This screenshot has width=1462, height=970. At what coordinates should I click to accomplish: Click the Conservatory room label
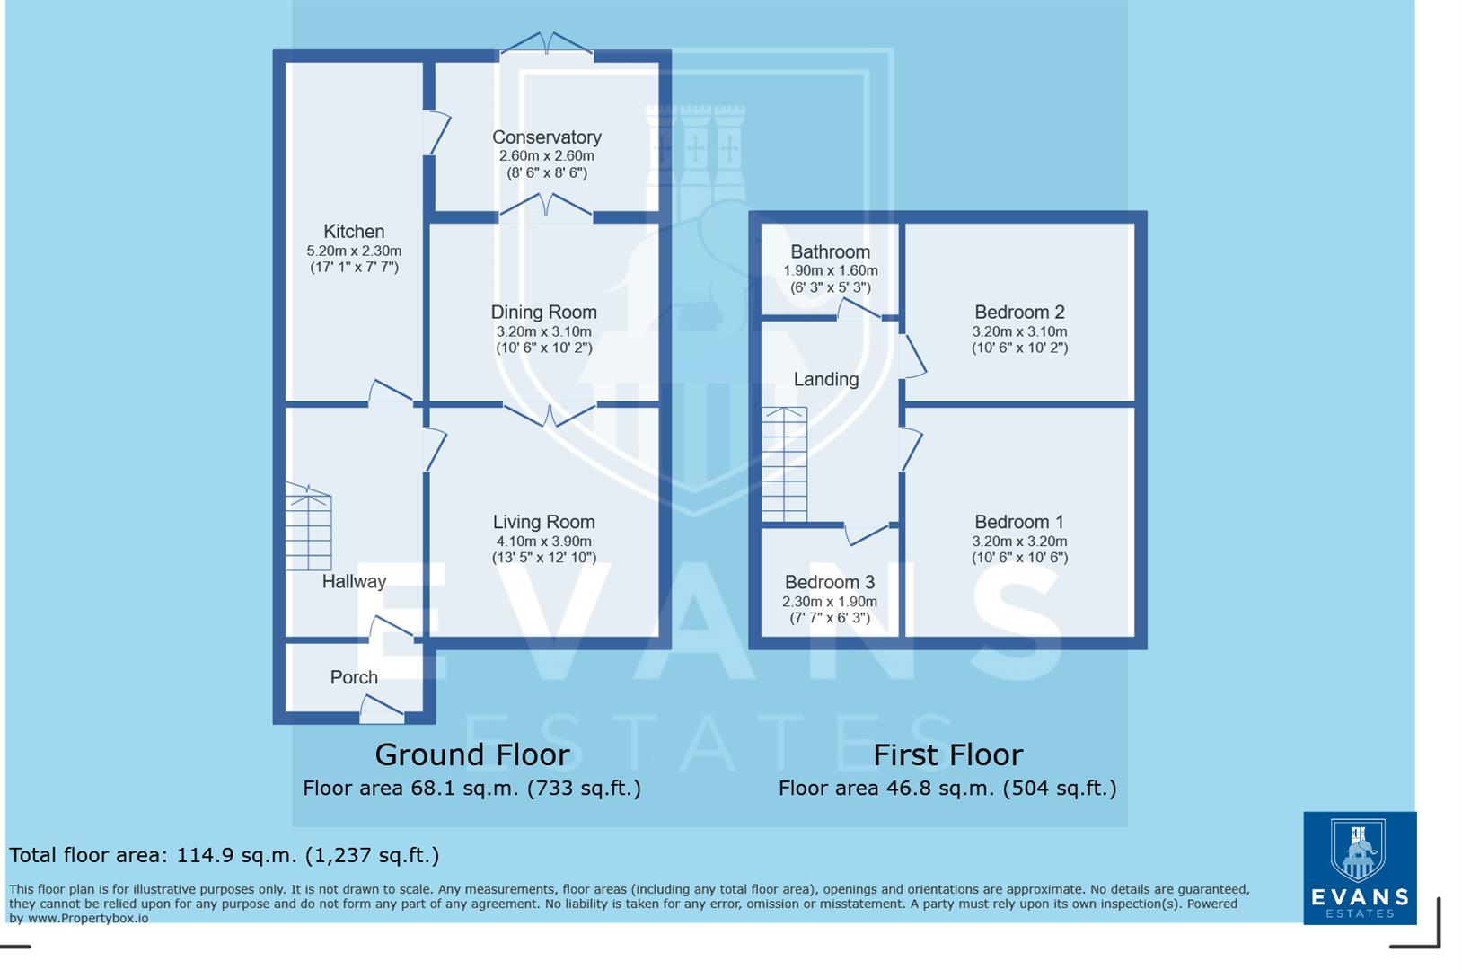click(546, 137)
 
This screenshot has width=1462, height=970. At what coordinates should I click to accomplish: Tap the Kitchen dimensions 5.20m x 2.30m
click(354, 251)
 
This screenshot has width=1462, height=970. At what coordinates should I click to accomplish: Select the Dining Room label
click(543, 313)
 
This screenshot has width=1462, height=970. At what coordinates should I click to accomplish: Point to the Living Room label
click(543, 522)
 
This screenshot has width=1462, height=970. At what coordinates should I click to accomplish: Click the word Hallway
click(354, 581)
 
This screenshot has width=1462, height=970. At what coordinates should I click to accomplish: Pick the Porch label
click(354, 677)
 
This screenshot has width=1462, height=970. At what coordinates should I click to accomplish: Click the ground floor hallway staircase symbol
click(308, 530)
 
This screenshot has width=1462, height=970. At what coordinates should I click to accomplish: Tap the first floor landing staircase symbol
click(784, 464)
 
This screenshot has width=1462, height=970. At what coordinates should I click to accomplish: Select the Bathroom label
click(830, 252)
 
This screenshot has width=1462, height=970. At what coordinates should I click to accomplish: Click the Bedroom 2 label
click(1019, 313)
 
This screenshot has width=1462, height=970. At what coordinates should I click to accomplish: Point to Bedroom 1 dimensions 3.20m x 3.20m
click(1019, 542)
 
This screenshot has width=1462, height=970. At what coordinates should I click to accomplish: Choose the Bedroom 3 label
click(829, 582)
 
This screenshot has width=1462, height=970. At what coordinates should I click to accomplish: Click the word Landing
click(825, 379)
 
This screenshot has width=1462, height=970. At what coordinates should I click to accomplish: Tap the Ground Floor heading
click(471, 754)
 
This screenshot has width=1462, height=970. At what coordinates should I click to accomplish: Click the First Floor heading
click(947, 754)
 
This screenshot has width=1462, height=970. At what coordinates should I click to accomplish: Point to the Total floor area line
click(224, 855)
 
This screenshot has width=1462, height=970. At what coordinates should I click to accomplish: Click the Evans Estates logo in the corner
click(1359, 868)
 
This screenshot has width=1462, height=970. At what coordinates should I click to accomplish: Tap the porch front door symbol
click(382, 710)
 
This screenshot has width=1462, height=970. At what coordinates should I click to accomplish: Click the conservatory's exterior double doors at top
click(546, 45)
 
